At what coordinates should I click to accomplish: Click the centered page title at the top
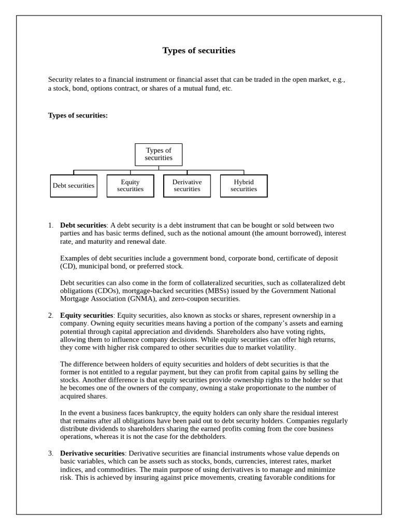click(198, 50)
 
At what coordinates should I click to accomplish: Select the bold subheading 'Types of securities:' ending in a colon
click(78, 115)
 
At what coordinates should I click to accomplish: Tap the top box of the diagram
click(159, 154)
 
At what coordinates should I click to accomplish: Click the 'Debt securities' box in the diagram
click(74, 186)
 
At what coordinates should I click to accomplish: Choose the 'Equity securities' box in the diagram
click(130, 186)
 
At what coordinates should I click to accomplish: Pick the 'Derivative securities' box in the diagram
click(187, 186)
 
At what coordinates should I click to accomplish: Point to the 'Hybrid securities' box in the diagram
click(244, 186)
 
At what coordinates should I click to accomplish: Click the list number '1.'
click(51, 225)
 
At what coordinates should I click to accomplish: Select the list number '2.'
click(51, 315)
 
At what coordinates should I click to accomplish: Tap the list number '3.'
click(51, 453)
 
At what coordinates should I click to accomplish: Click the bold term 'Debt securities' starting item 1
click(83, 225)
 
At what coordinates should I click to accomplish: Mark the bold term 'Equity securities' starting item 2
click(86, 315)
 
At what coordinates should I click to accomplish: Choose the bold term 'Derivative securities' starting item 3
click(92, 453)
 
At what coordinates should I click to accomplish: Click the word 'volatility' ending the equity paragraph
click(280, 348)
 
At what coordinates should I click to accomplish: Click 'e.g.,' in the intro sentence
click(336, 80)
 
